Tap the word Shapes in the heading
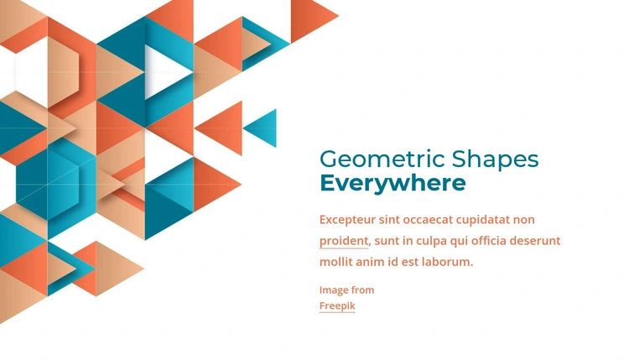pos(495,160)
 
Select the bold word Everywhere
pos(392,184)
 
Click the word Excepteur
pos(347,220)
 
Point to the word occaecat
pos(428,220)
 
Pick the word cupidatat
pos(482,221)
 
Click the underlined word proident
pos(343,241)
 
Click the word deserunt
pos(535,241)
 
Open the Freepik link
pos(337,305)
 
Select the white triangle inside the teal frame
pos(164,72)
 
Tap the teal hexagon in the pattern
pos(48,185)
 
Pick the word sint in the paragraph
pos(389,220)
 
